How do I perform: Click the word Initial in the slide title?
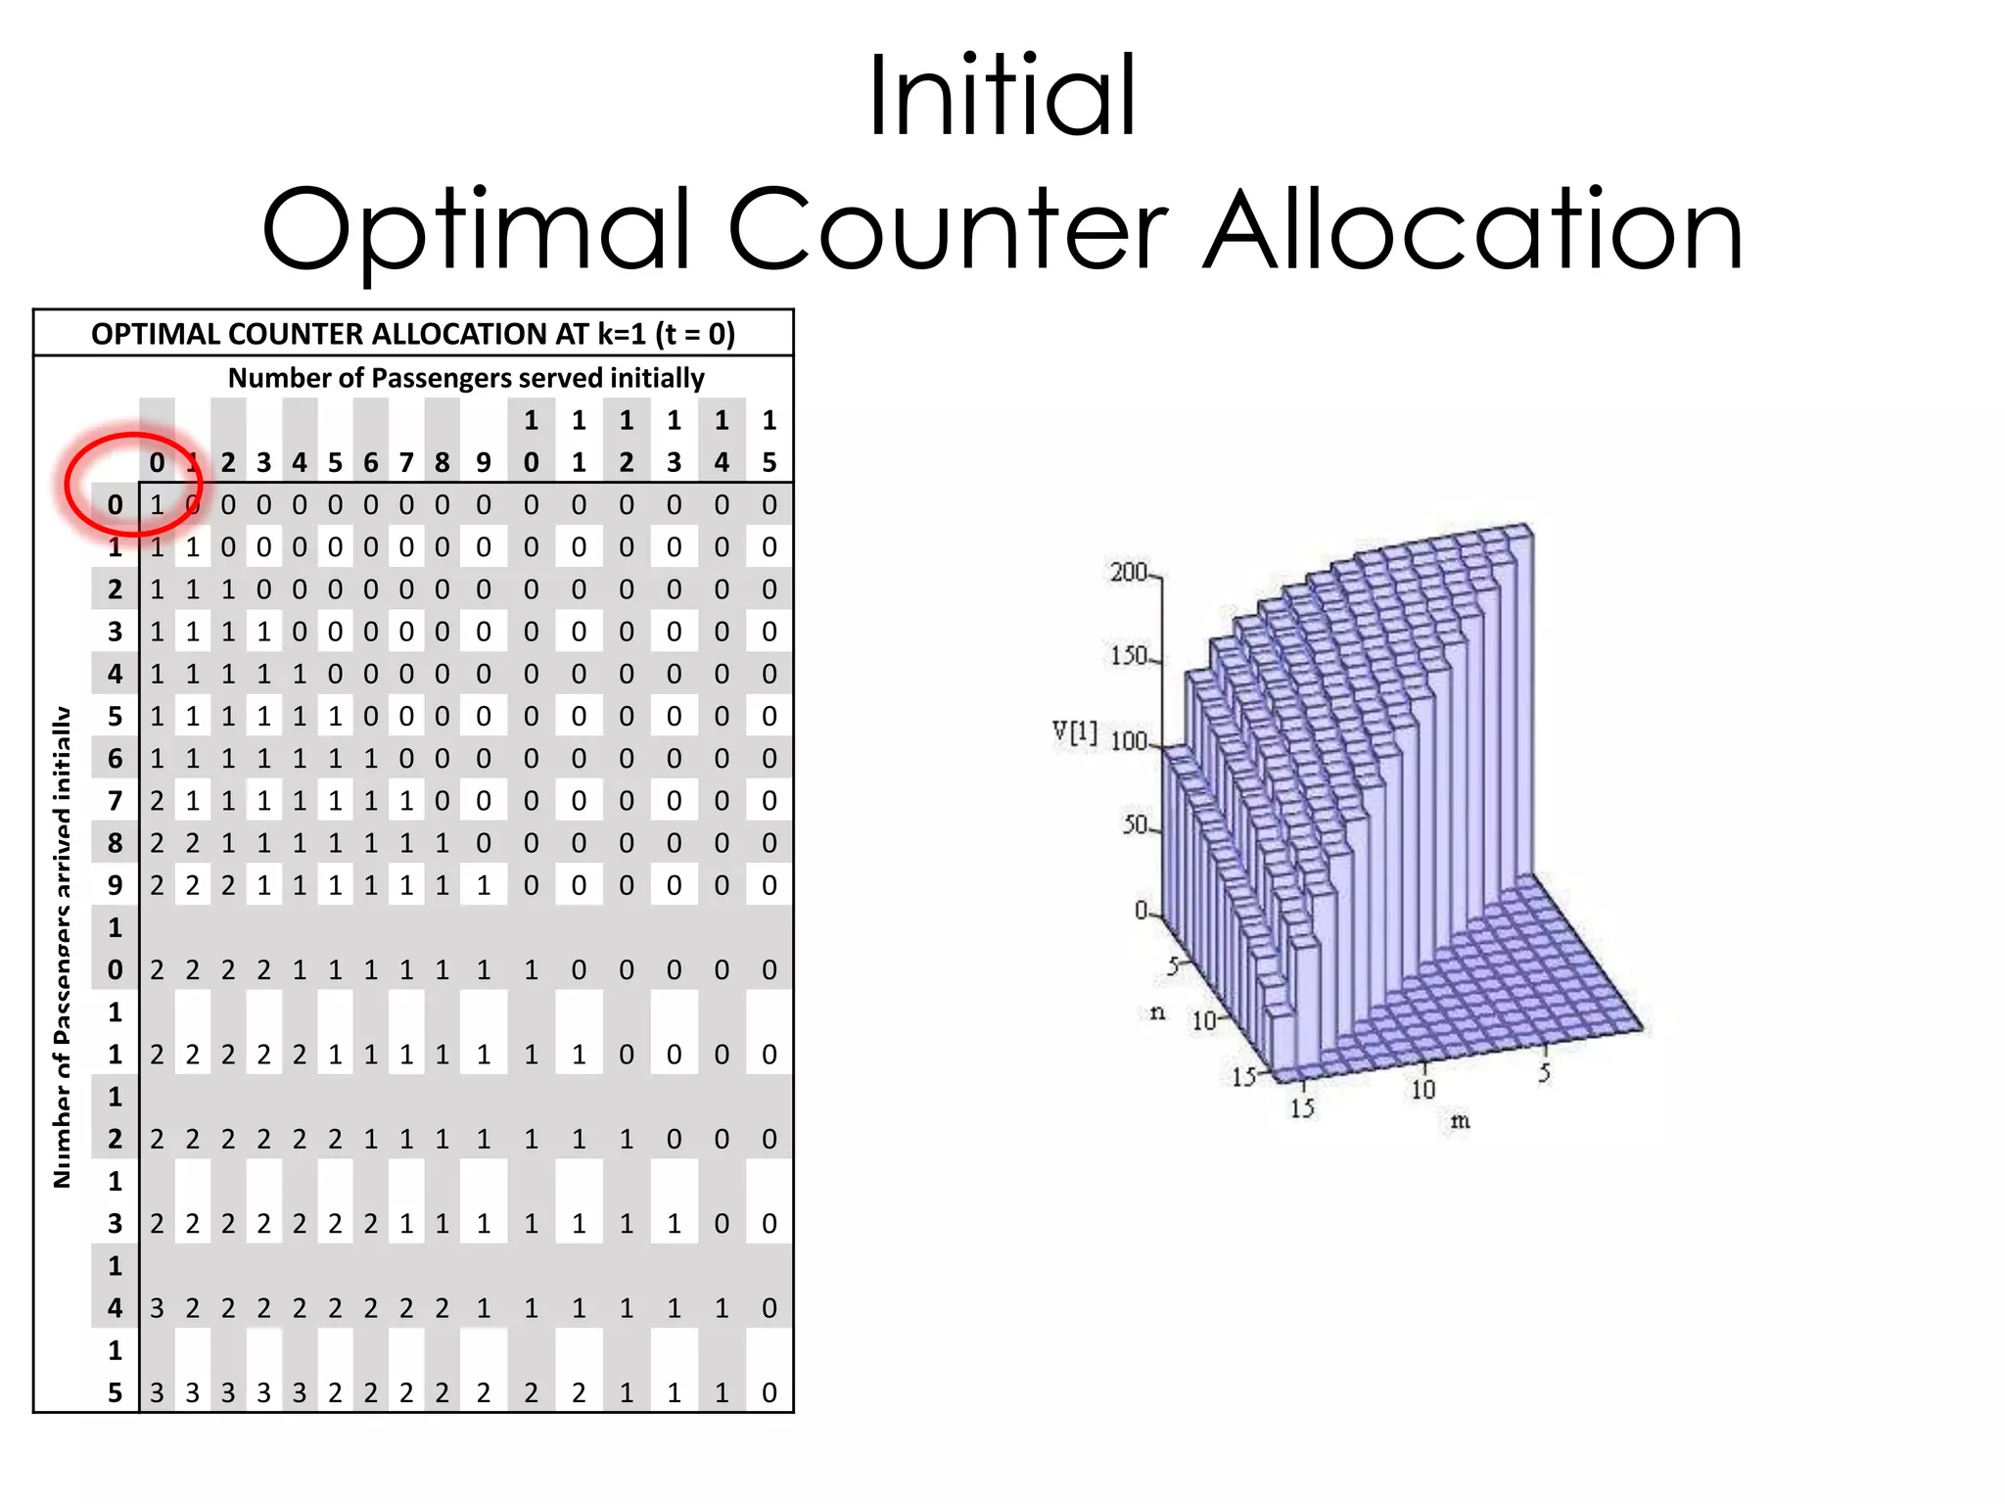coord(1002,96)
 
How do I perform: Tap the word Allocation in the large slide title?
coord(1472,231)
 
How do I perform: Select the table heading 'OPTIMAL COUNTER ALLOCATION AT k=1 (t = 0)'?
coord(413,334)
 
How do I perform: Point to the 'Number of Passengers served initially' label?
coord(466,378)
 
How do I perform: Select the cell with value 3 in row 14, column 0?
coord(157,1308)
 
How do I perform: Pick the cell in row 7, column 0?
coord(157,801)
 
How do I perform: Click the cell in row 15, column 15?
coord(769,1392)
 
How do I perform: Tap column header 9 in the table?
coord(484,462)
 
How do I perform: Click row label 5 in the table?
coord(116,717)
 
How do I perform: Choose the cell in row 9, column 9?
coord(484,885)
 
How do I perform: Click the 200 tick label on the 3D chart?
coord(1128,572)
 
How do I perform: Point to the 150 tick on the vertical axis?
coord(1128,655)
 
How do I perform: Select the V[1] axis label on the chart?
coord(1074,732)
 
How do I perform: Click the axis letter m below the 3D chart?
coord(1460,1121)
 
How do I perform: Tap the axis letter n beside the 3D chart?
coord(1157,1012)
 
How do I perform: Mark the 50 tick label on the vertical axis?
coord(1134,825)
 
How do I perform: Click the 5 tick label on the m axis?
coord(1545,1073)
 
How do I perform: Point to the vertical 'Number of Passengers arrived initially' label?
coord(63,947)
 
